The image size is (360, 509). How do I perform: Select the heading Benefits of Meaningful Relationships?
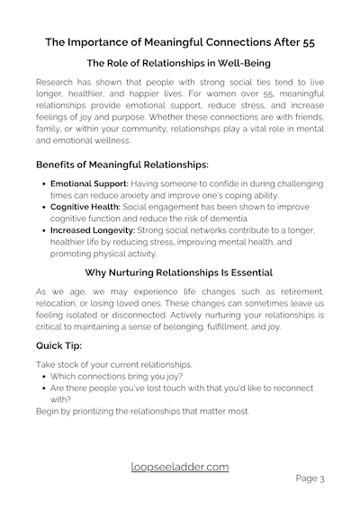coord(121,165)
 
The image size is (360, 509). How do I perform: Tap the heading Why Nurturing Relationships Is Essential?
coord(180,272)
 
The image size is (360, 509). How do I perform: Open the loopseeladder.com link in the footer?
coord(180,467)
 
